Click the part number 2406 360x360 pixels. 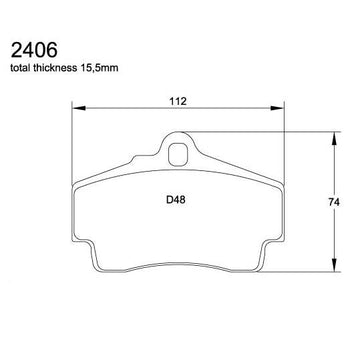click(x=34, y=50)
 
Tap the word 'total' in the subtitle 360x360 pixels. click(x=20, y=68)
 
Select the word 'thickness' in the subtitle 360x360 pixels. click(x=55, y=68)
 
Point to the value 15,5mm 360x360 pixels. click(x=99, y=68)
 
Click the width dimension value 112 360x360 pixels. click(x=177, y=101)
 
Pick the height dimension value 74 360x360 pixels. click(x=333, y=202)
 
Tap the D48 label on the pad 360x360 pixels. click(x=175, y=200)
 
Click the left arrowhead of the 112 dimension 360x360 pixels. click(x=79, y=108)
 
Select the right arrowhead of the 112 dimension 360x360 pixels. click(x=277, y=108)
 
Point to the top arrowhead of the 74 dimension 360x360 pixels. click(x=334, y=139)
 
